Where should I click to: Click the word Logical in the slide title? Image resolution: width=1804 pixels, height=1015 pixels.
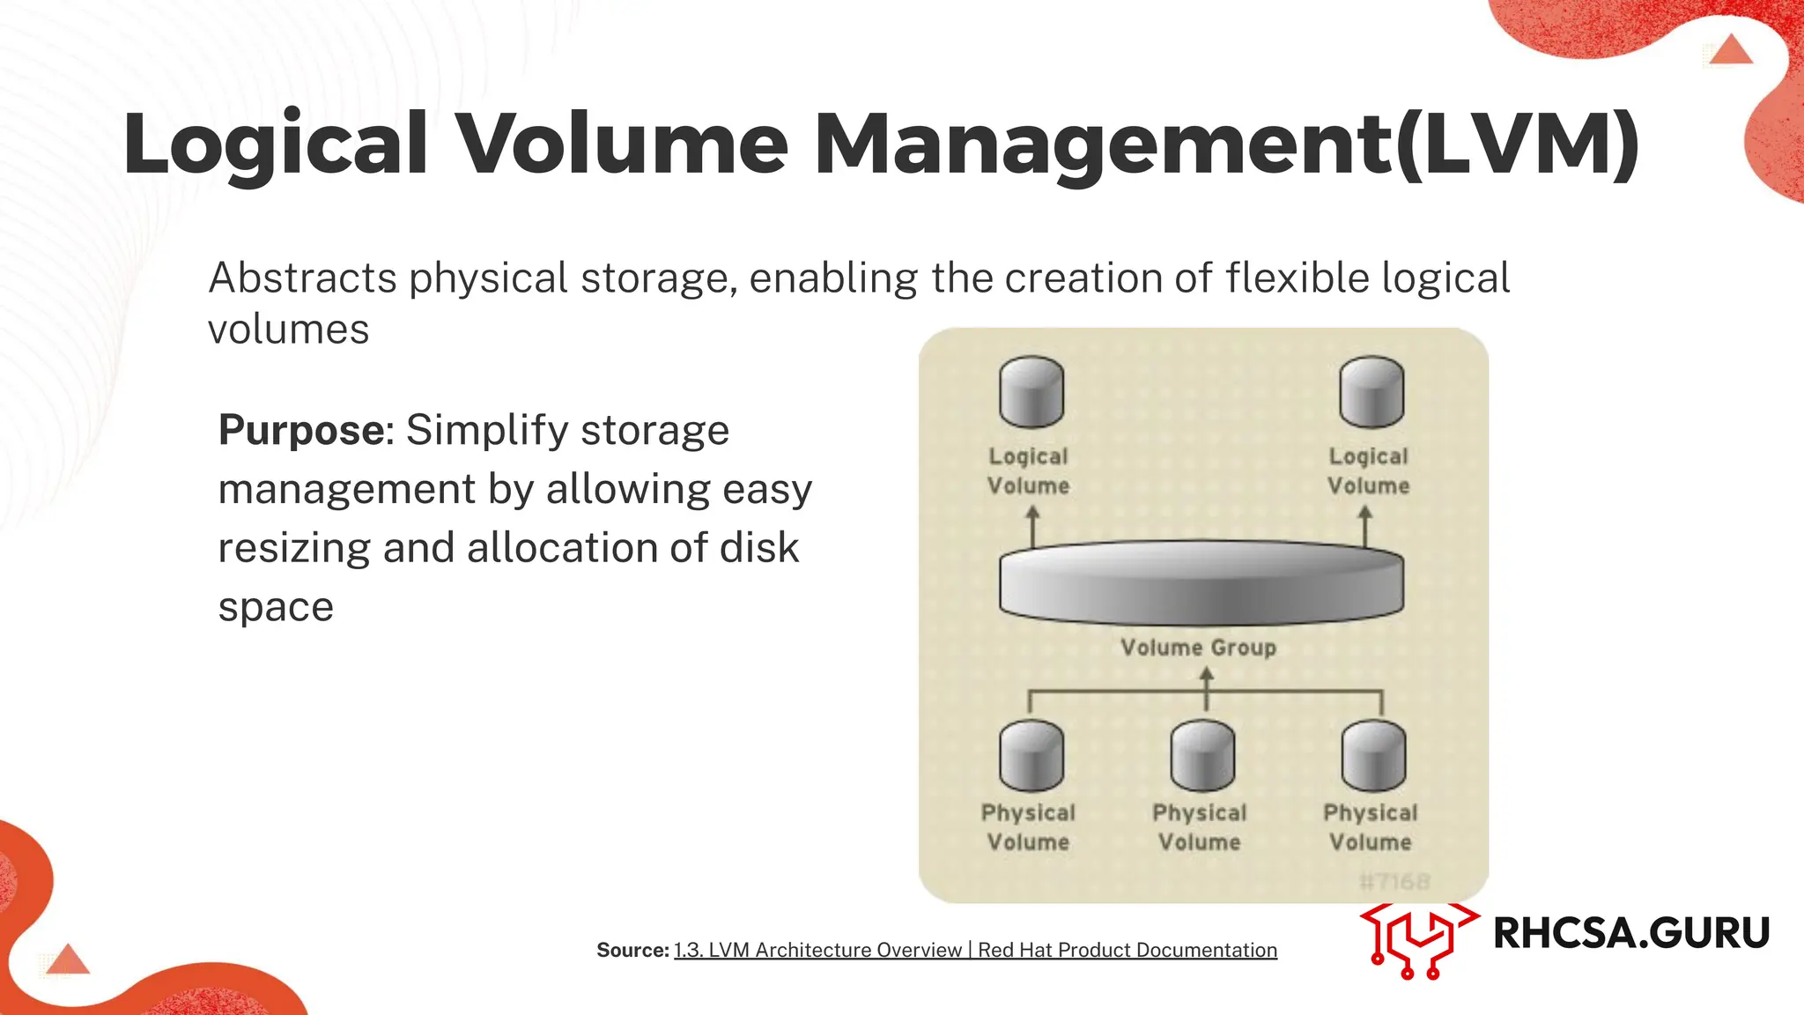(x=276, y=144)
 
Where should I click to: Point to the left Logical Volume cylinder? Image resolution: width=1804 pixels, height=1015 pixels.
(x=1031, y=392)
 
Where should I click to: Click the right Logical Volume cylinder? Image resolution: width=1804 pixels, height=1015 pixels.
(x=1371, y=392)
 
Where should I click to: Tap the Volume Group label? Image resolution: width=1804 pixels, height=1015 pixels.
(x=1198, y=648)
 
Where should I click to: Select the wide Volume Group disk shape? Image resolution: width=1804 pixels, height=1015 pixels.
(x=1201, y=582)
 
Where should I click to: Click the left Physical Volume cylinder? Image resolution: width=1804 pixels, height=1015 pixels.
(x=1031, y=756)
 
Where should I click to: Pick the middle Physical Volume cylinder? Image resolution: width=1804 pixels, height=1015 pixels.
(x=1202, y=756)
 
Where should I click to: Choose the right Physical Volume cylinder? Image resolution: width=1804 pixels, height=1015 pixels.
(x=1373, y=756)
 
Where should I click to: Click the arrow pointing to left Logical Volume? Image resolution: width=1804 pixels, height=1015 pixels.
(x=1033, y=525)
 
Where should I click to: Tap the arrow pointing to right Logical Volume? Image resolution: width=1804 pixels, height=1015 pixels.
(x=1366, y=525)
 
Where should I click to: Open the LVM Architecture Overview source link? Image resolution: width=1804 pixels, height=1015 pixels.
(x=975, y=950)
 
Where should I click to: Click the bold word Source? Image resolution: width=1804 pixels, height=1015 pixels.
(x=632, y=950)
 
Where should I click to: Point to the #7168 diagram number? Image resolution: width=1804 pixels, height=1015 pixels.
(x=1394, y=881)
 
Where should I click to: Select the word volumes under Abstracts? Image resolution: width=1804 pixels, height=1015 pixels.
(x=288, y=330)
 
